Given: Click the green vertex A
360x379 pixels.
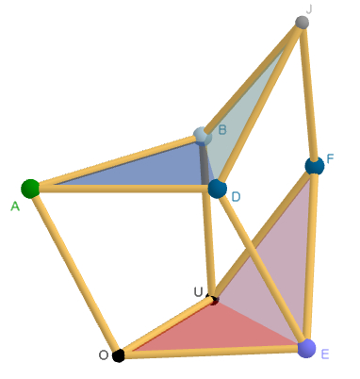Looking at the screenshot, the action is pyautogui.click(x=30, y=188).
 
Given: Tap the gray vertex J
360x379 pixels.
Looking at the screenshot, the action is pyautogui.click(x=302, y=22).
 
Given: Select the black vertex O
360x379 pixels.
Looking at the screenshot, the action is pyautogui.click(x=118, y=355).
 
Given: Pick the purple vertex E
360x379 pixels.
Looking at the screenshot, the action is pyautogui.click(x=305, y=349).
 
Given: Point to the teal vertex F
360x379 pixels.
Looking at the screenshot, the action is pyautogui.click(x=315, y=166).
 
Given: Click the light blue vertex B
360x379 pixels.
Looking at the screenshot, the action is pyautogui.click(x=201, y=136).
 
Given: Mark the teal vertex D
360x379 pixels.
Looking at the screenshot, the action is pyautogui.click(x=218, y=189).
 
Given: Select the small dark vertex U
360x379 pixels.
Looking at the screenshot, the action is pyautogui.click(x=213, y=300).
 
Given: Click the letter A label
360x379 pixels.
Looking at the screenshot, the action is pyautogui.click(x=15, y=206).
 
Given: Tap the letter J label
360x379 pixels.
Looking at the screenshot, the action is pyautogui.click(x=309, y=8).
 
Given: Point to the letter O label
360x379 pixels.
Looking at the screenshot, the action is pyautogui.click(x=103, y=354).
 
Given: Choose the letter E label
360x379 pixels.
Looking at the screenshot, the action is pyautogui.click(x=324, y=354).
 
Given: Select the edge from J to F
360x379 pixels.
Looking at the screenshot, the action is pyautogui.click(x=308, y=94).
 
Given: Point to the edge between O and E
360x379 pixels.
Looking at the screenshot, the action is pyautogui.click(x=212, y=352).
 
